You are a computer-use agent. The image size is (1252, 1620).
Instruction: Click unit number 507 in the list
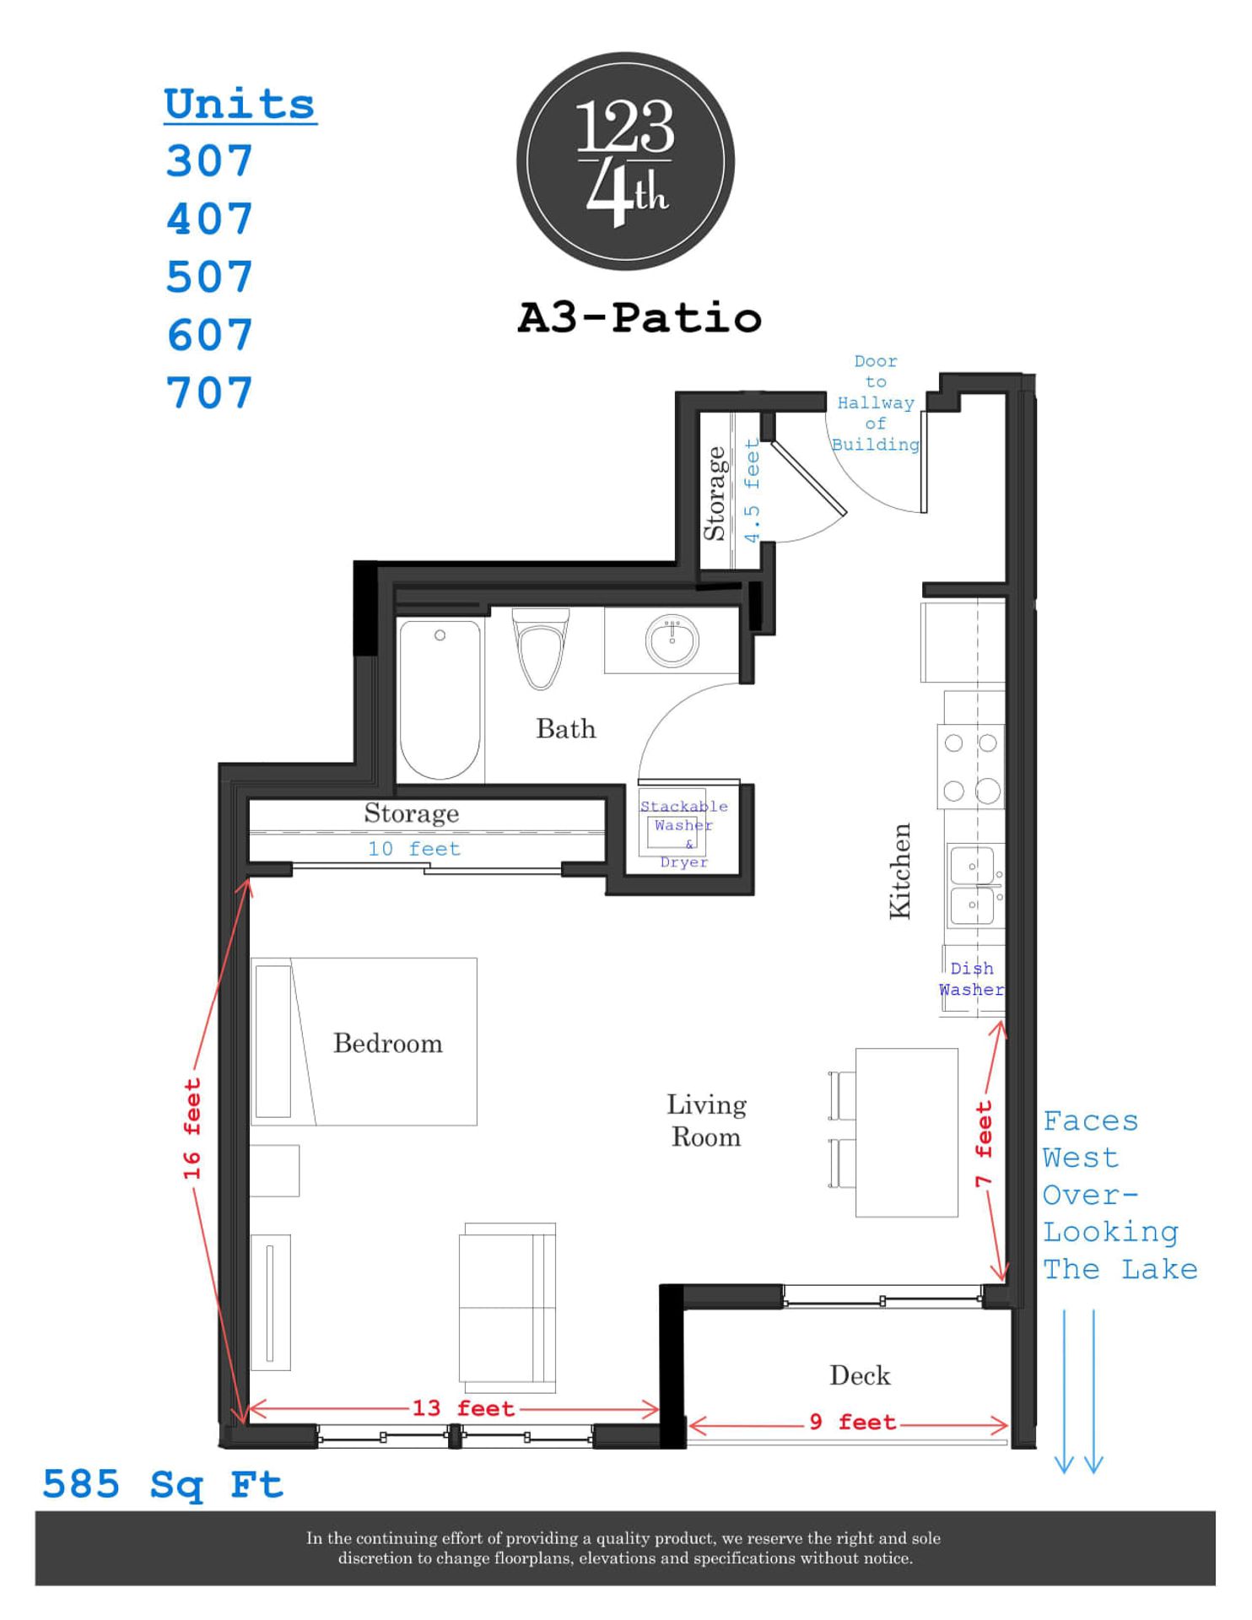209,278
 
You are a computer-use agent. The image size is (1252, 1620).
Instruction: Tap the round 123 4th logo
625,162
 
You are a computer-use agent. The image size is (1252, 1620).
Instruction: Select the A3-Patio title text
639,319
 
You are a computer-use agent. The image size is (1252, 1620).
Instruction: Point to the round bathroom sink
672,640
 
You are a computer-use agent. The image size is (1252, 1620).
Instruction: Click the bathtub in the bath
440,699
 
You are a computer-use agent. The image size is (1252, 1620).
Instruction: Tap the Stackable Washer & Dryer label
683,834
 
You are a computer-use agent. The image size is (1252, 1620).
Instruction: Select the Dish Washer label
972,979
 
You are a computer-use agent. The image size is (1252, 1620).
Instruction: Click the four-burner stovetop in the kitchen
971,767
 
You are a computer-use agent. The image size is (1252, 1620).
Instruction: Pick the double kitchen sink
974,886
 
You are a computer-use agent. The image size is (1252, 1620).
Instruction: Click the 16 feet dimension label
193,1129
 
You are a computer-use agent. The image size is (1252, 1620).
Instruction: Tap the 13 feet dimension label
463,1408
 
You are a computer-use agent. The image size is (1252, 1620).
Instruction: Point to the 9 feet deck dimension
852,1423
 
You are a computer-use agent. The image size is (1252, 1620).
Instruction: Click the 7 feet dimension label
984,1143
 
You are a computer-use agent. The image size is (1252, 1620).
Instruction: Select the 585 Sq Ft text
163,1485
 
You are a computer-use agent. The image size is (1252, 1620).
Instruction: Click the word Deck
860,1375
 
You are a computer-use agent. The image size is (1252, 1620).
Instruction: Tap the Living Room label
706,1120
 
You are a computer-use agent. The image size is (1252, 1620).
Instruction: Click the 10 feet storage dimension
414,849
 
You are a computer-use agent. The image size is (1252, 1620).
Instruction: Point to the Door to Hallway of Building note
876,403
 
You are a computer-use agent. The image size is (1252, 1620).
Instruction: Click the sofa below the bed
508,1308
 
